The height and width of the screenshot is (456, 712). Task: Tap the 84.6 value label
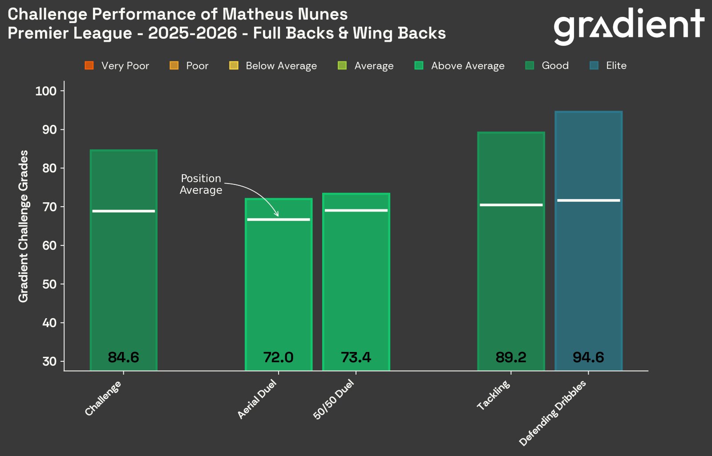[x=123, y=357]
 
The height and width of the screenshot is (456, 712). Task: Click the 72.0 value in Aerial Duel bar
[x=278, y=357]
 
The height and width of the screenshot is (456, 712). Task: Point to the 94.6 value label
[x=588, y=357]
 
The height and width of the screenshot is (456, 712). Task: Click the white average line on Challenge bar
[x=124, y=211]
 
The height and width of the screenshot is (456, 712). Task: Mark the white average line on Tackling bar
[x=511, y=205]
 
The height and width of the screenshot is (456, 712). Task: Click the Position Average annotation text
[x=201, y=184]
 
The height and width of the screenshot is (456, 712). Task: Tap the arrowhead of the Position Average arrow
[x=277, y=215]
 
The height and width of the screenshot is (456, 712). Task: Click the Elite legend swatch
[x=594, y=66]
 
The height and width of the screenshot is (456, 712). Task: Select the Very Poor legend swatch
[x=89, y=66]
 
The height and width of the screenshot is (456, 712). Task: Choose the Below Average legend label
[x=281, y=66]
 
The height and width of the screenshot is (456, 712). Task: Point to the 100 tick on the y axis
[x=46, y=91]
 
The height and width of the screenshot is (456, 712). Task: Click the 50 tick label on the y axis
[x=49, y=284]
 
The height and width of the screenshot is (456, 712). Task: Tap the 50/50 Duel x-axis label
[x=334, y=399]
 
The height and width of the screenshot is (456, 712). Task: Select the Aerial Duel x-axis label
[x=257, y=400]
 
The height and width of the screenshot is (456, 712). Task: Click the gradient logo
[x=628, y=26]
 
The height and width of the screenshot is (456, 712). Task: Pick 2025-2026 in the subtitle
[x=192, y=33]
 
